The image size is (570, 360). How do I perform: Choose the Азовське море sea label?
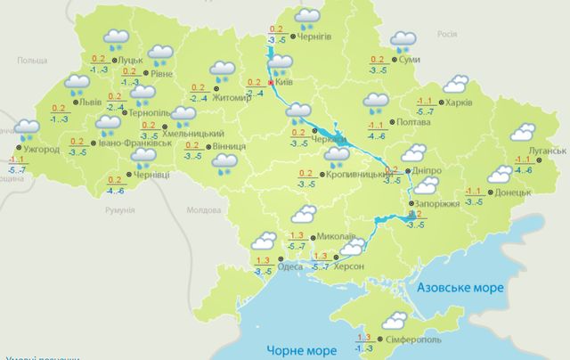(x=460, y=289)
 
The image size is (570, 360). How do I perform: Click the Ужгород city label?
(x=40, y=150)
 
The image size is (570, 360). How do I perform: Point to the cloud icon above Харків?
(x=457, y=84)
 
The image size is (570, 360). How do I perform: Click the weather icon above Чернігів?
(x=308, y=16)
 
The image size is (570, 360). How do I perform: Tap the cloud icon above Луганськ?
(x=523, y=132)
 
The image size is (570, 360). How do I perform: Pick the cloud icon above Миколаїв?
(x=305, y=214)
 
